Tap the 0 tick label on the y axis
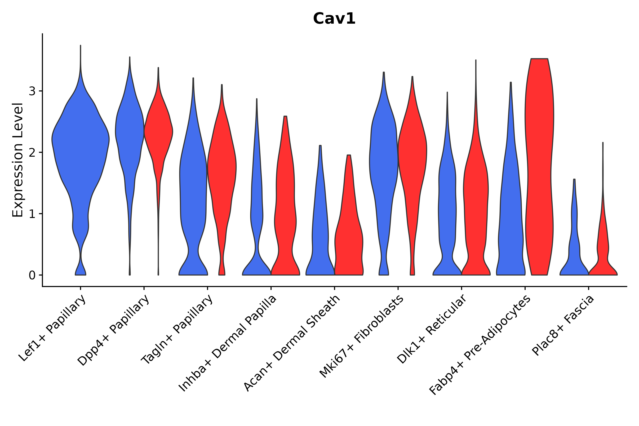pos(32,275)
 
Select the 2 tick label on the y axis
pos(32,153)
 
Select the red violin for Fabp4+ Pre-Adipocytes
pos(539,163)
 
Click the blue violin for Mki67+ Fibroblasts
pos(383,163)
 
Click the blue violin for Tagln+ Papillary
pos(193,190)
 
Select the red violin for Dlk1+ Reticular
pos(476,190)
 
